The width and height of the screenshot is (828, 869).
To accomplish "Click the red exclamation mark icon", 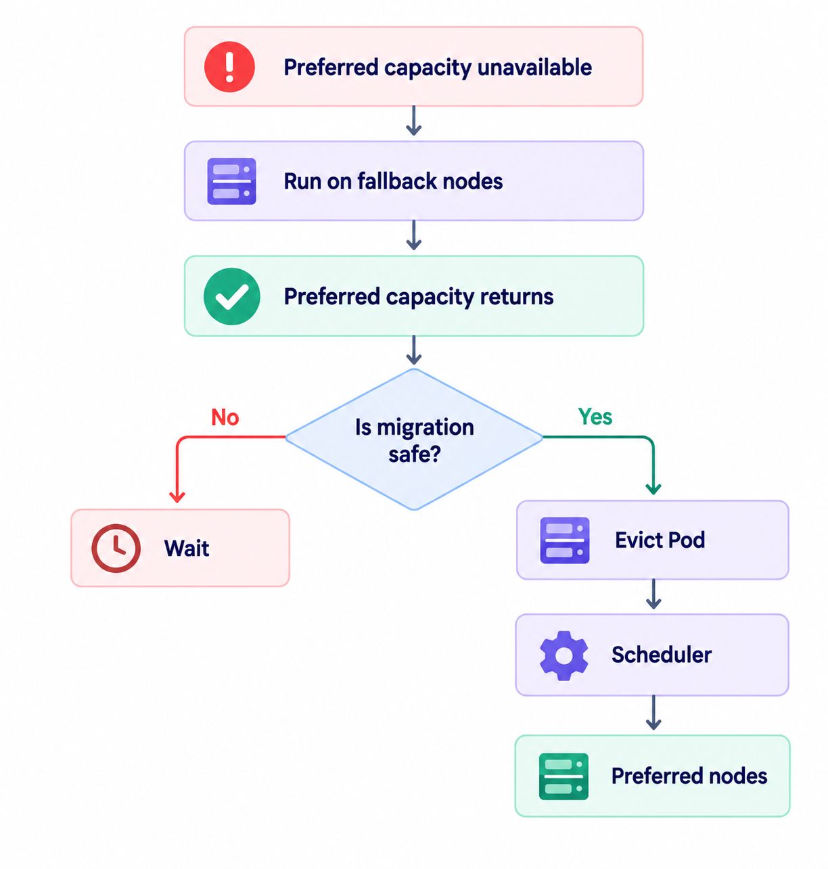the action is coord(229,67).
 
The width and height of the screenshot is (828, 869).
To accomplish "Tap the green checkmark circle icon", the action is coord(231,297).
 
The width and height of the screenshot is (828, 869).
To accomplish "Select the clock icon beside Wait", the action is coord(116,548).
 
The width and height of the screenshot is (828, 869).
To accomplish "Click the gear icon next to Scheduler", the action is coord(564,655).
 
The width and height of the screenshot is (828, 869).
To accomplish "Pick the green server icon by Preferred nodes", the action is coord(563,776).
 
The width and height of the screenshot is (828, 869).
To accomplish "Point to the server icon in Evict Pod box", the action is coord(564,540).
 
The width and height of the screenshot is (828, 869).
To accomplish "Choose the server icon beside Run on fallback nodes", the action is coord(231,181).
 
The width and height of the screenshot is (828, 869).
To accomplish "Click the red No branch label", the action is coord(225,417).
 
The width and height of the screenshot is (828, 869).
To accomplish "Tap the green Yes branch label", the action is coord(595,417).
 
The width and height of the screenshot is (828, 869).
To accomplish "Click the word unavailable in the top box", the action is coord(534,67).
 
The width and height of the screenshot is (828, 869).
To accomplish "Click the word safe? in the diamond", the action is coord(415,454).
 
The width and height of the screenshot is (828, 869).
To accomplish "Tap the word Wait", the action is coord(187,548).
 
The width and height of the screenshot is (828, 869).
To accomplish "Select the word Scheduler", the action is coord(662,655).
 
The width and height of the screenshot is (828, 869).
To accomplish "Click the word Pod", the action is coord(686,540).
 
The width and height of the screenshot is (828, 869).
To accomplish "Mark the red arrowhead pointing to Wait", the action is coord(177,497).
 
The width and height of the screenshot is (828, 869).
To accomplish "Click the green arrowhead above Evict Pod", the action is coord(653,489).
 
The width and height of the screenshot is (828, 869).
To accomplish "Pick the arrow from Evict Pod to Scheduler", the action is coord(653,594).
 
